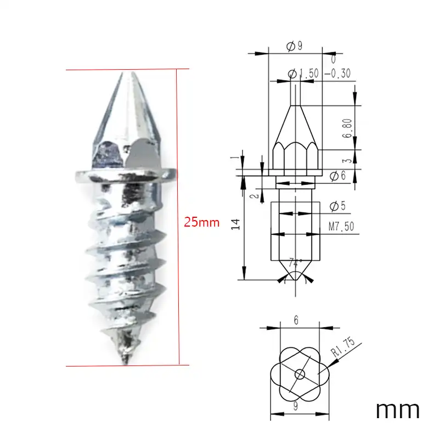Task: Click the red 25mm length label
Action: click(x=201, y=222)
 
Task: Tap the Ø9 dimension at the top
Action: click(x=295, y=46)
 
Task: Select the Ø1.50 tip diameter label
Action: click(x=303, y=74)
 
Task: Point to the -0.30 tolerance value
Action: click(x=337, y=74)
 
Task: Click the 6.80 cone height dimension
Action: click(x=347, y=128)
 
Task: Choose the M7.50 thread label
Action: click(x=341, y=226)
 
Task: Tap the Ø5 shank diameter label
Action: click(x=337, y=206)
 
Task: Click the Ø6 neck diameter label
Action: click(x=337, y=176)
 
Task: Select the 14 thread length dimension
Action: click(x=236, y=224)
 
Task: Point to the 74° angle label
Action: click(x=295, y=263)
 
